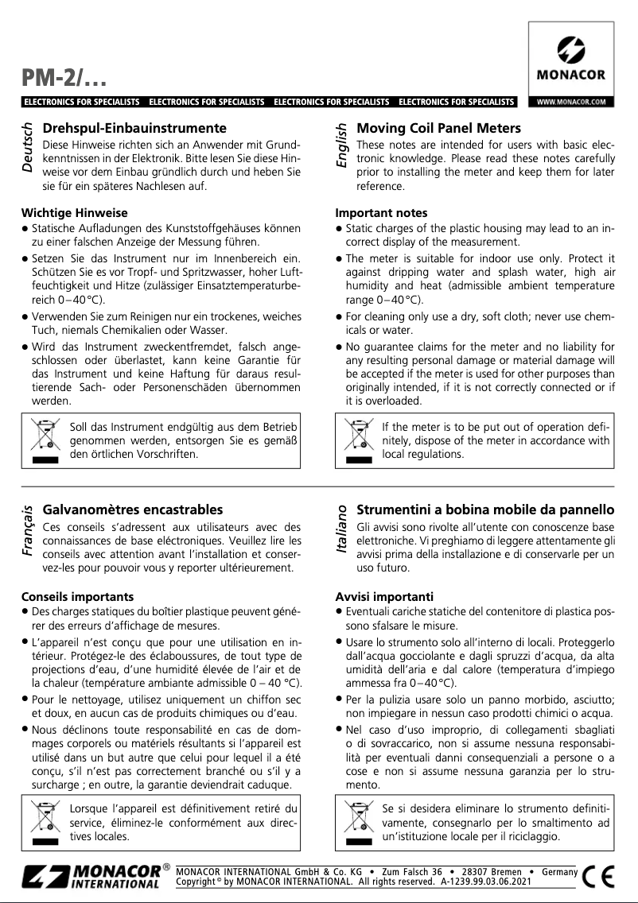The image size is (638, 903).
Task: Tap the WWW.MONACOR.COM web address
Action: pos(571,103)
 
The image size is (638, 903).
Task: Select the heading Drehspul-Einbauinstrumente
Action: pos(134,128)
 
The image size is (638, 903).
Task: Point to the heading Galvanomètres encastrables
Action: pos(132,510)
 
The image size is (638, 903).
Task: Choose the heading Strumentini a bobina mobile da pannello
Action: pos(485,510)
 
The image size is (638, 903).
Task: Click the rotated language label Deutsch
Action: pos(28,149)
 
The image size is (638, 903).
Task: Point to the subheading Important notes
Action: pos(381,213)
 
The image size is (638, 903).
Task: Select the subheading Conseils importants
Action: pos(76,596)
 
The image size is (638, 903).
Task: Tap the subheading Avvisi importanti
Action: pos(384,596)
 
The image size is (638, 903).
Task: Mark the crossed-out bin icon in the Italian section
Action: pos(360,822)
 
